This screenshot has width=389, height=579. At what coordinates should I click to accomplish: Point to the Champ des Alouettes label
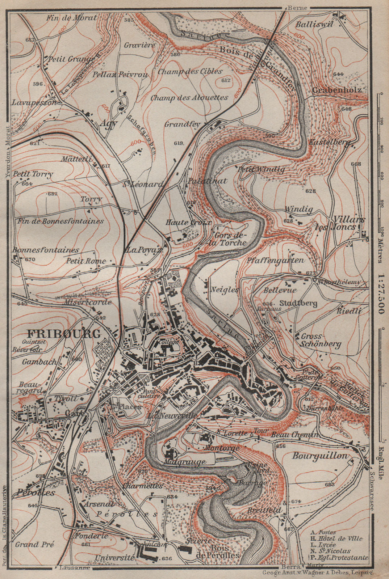(x=189, y=98)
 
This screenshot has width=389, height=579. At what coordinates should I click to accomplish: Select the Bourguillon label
(x=320, y=456)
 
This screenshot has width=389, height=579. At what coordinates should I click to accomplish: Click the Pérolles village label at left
(x=35, y=493)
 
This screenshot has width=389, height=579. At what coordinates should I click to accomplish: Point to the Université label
(x=114, y=558)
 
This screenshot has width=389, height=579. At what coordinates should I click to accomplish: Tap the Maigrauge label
(x=184, y=462)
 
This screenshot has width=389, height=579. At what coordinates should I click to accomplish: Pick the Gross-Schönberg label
(x=320, y=340)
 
